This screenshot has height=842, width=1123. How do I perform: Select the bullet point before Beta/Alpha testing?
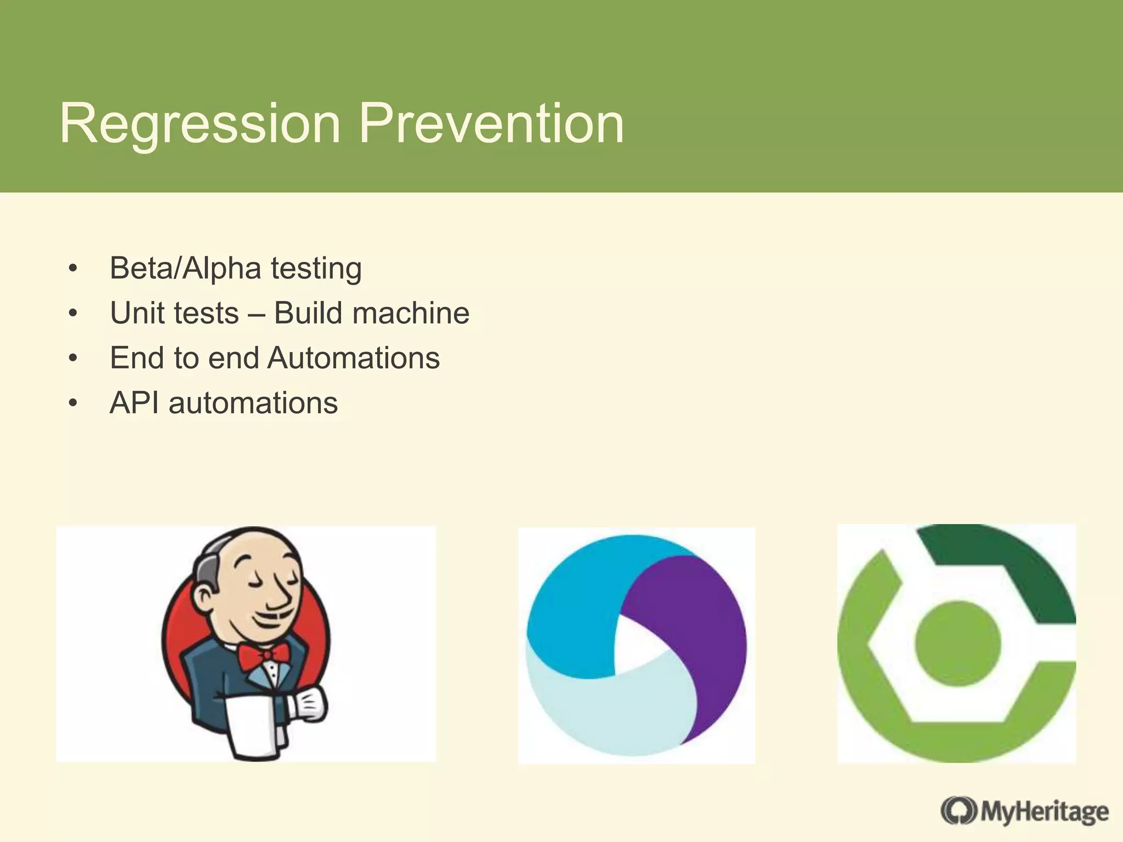tap(73, 269)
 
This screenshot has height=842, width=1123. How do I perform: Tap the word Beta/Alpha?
tap(185, 269)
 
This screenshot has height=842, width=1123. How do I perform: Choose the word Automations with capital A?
tap(354, 359)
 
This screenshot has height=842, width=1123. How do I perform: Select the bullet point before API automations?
tap(73, 404)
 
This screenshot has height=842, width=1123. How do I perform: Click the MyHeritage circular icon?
tap(958, 811)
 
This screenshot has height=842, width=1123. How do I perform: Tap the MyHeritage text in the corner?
tap(1045, 812)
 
